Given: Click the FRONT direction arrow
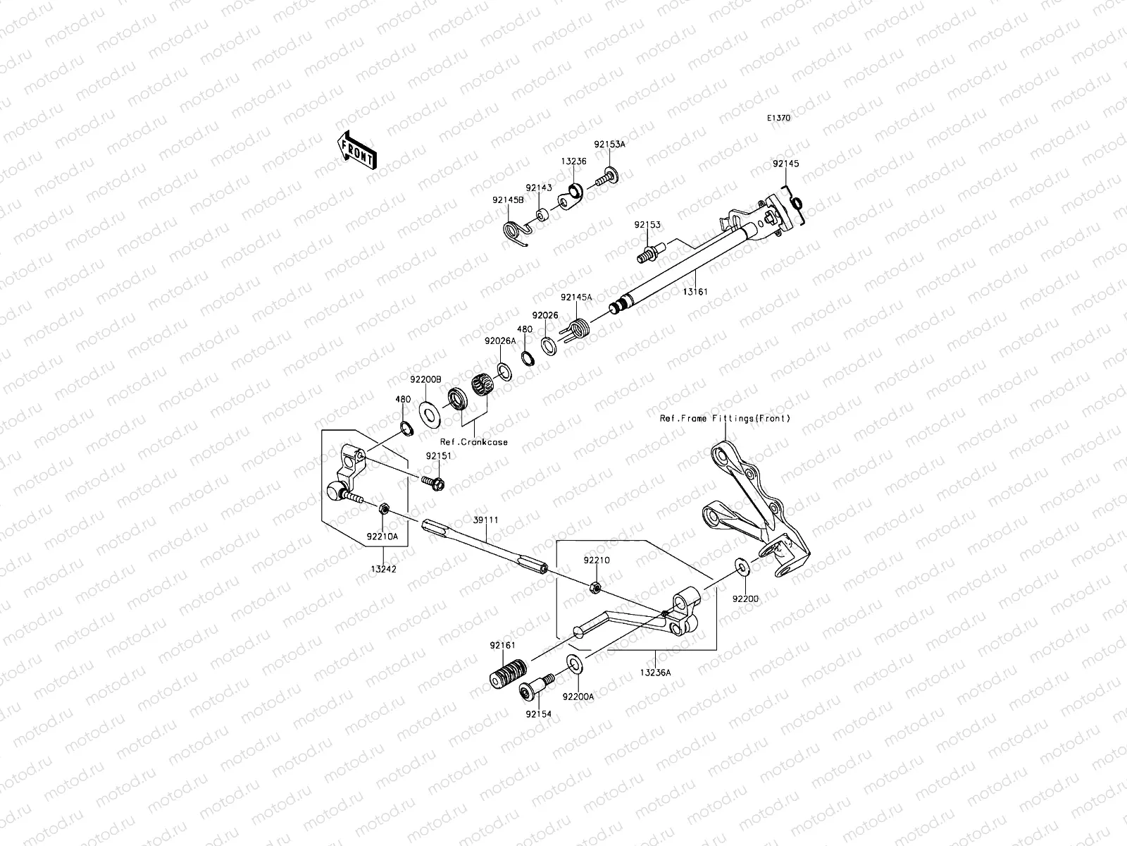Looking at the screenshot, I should (357, 150).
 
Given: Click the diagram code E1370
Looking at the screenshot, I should (778, 118).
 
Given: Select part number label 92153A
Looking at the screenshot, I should (609, 144).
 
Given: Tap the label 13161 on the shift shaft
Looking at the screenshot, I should (695, 291).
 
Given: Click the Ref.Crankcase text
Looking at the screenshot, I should (473, 442).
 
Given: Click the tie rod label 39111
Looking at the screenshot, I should (485, 520).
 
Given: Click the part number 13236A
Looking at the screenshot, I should (655, 673).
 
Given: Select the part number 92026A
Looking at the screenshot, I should (499, 341).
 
